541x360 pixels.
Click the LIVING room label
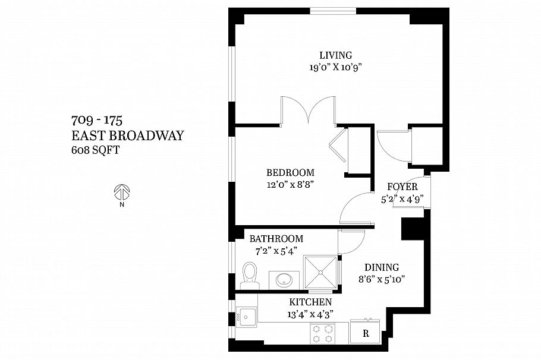pyautogui.click(x=335, y=55)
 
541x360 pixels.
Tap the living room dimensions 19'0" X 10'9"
pyautogui.click(x=335, y=67)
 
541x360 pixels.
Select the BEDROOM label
pyautogui.click(x=290, y=172)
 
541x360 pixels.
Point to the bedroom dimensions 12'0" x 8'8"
pyautogui.click(x=290, y=184)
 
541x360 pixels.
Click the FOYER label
pyautogui.click(x=402, y=187)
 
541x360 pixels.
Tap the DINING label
pyautogui.click(x=381, y=267)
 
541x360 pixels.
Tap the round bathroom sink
pyautogui.click(x=282, y=279)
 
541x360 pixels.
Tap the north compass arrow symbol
pyautogui.click(x=121, y=192)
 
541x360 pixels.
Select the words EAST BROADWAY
pyautogui.click(x=127, y=136)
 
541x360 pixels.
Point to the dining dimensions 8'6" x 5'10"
pyautogui.click(x=381, y=279)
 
